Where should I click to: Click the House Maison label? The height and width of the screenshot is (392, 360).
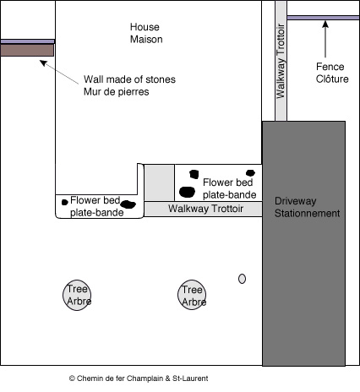point(146,33)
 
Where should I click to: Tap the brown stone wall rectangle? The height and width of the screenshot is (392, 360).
point(27,50)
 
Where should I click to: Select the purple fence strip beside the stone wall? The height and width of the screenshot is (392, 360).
point(27,41)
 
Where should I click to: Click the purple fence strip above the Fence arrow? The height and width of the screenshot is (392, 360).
point(323,18)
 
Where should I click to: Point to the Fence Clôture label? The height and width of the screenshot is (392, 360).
point(332,73)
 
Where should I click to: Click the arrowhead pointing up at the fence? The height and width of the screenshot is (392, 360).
point(325,24)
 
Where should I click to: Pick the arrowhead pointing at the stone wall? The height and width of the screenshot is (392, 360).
point(43,63)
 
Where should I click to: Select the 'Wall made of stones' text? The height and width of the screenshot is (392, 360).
point(129,79)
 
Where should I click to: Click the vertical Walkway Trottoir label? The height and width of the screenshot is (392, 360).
point(281,61)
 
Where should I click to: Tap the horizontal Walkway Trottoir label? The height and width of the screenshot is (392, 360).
point(205,209)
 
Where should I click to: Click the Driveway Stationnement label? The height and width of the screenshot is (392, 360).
point(307,207)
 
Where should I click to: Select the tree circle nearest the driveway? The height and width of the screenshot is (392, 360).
point(192,295)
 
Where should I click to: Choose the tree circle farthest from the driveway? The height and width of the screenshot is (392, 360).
point(77,295)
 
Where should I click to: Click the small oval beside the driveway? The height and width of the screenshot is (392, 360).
point(242,279)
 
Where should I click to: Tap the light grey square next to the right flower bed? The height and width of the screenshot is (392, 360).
point(159,182)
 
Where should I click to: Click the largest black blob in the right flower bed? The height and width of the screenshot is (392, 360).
point(187,192)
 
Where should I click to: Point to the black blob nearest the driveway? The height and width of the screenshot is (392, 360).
point(250,173)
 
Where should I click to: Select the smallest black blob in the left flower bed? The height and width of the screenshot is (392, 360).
point(65,202)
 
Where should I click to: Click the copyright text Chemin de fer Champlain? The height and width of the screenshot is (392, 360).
point(139,378)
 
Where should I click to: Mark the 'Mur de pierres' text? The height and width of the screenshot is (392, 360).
point(117,92)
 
